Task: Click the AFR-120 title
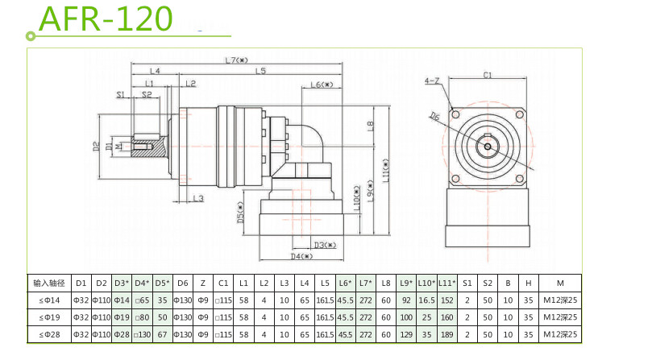pos(106,18)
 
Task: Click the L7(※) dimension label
pos(237,60)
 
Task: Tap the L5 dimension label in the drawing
pos(261,72)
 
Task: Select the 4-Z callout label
pos(431,81)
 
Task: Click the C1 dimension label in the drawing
pos(488,76)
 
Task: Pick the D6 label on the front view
pos(434,116)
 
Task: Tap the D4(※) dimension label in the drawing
pos(301,256)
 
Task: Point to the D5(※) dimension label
pos(241,212)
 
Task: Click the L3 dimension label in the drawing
pos(198,197)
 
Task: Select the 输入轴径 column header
pos(48,283)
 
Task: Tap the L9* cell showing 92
pos(405,300)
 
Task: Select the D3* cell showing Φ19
pos(122,317)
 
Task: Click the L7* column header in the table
pos(366,283)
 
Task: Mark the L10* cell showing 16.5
pos(426,300)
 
